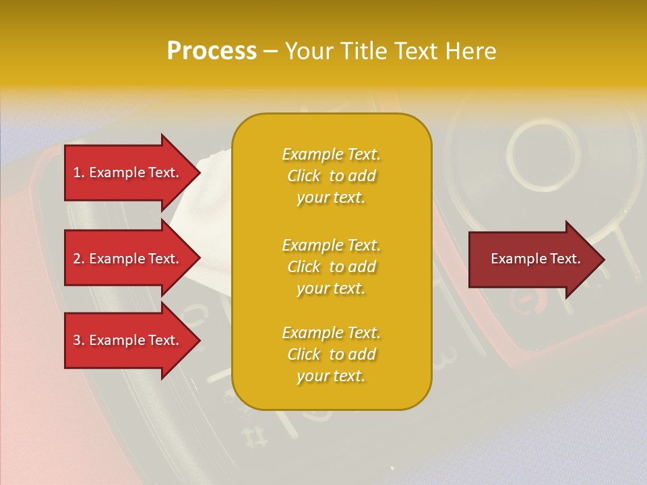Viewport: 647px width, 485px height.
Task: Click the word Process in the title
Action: pyautogui.click(x=212, y=51)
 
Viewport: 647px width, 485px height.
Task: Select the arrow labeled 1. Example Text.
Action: pyautogui.click(x=128, y=172)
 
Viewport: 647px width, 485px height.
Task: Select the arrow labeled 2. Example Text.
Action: pyautogui.click(x=128, y=259)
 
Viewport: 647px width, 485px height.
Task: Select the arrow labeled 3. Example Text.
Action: pyautogui.click(x=128, y=340)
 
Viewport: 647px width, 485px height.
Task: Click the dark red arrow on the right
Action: pyautogui.click(x=532, y=259)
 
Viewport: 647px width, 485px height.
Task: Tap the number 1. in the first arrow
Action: pyautogui.click(x=79, y=172)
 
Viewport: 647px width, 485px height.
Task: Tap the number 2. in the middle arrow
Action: pyautogui.click(x=79, y=259)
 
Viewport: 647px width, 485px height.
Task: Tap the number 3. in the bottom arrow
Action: pyautogui.click(x=79, y=340)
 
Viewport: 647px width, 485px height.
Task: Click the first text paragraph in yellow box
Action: pyautogui.click(x=331, y=176)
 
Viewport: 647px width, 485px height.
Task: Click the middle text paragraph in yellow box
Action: pyautogui.click(x=331, y=267)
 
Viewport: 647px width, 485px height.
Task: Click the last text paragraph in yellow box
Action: pyautogui.click(x=331, y=354)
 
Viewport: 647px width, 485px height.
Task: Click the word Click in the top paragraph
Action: pyautogui.click(x=304, y=176)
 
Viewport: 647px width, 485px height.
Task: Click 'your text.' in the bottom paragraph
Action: pyautogui.click(x=331, y=376)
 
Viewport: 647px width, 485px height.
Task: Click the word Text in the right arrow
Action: pyautogui.click(x=565, y=259)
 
